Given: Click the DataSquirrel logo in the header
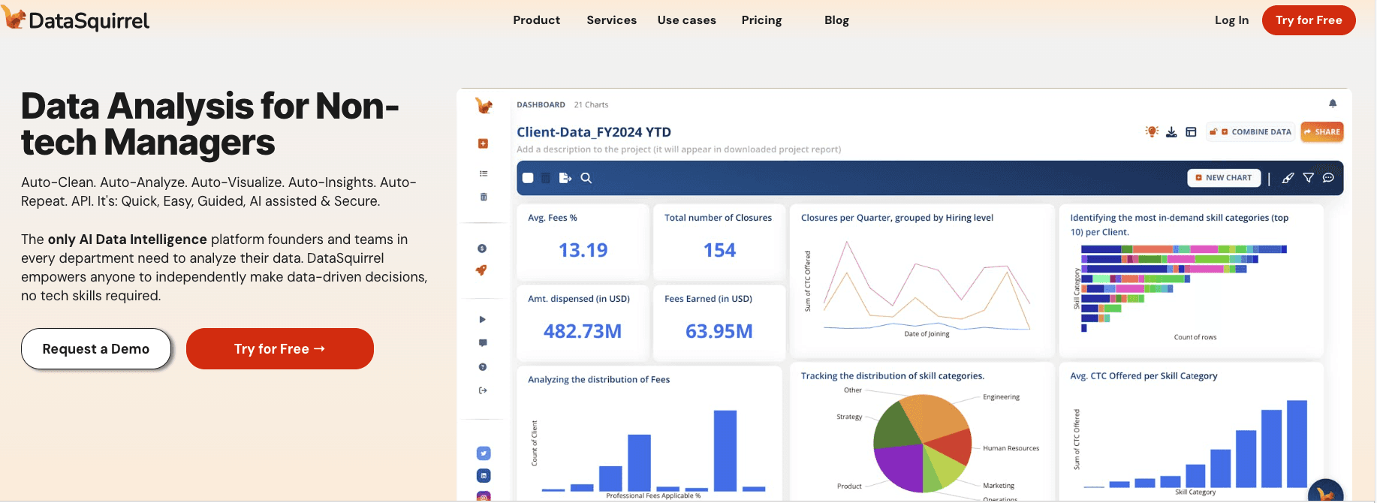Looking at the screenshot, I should pos(77,20).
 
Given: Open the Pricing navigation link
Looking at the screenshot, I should pos(761,20).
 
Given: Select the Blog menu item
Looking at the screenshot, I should pos(836,20).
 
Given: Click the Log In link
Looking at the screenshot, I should pos(1231,20).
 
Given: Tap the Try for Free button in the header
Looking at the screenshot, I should pos(1308,20).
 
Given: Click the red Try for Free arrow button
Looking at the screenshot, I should pos(279,348).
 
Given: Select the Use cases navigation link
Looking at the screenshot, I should pos(686,20).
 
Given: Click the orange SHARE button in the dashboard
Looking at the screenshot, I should pos(1321,132).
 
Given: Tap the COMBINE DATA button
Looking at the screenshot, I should pos(1250,132).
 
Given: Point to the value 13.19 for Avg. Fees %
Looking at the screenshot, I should pos(583,250).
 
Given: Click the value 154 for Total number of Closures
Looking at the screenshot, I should pos(719,250).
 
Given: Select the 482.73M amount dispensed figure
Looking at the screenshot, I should pos(583,331).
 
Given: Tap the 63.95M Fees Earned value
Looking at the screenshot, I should pos(719,331).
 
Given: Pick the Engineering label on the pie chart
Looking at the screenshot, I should pos(1001,397).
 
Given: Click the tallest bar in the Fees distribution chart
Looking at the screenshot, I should pos(725,450).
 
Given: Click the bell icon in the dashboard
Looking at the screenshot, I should pos(1333,104).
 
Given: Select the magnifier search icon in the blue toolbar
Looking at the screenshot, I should pos(586,178).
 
